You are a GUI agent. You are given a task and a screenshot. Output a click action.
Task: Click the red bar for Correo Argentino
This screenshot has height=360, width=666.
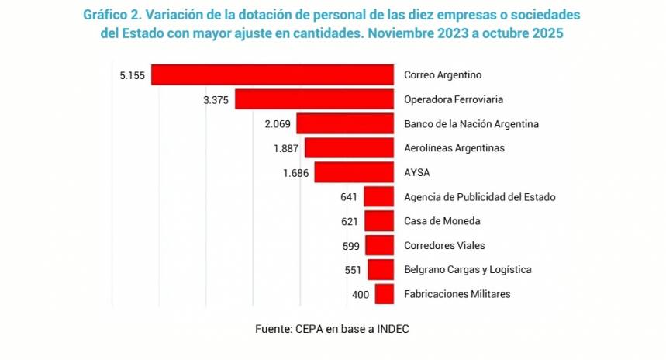pos(272,75)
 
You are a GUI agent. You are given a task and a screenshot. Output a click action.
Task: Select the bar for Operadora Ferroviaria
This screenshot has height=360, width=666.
pos(314,99)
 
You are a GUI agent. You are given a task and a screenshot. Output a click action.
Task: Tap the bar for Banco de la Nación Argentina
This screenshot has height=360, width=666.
pos(345,124)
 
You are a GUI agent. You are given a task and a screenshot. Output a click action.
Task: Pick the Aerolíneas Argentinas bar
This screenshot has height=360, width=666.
pos(349,148)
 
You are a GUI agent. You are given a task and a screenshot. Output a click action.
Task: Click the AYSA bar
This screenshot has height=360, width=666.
pos(354,172)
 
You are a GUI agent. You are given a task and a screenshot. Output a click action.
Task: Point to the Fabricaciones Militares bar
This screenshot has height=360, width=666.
pos(384,294)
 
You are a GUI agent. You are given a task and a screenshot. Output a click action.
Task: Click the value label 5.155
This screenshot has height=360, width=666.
pos(133,75)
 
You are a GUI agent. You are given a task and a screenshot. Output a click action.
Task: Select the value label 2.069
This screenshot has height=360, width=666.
pos(277,124)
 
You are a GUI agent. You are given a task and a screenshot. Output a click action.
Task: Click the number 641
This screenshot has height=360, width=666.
pos(349,197)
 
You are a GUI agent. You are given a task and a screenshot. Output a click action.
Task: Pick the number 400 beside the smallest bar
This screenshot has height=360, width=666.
pos(361,294)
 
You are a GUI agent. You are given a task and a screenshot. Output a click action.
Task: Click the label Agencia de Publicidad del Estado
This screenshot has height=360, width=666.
pos(479,197)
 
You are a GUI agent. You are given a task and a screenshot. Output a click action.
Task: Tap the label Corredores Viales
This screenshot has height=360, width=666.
pos(444,245)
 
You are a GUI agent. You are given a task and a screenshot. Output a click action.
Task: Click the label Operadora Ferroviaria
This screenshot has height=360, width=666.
pos(454,100)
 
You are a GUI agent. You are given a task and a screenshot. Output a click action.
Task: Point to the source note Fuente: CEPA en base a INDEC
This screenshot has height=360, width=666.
pos(332,328)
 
